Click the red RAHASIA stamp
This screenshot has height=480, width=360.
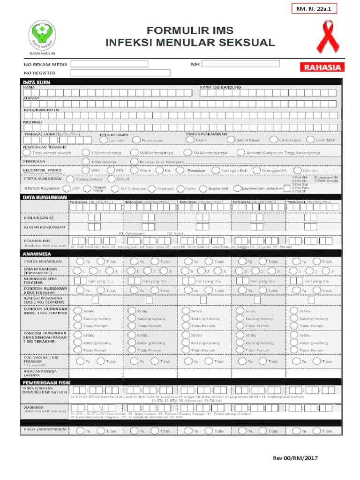pyautogui.click(x=323, y=67)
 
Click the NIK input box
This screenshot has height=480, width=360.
pyautogui.click(x=240, y=64)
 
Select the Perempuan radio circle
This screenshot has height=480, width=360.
pyautogui.click(x=135, y=140)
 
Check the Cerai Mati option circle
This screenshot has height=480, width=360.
pyautogui.click(x=310, y=140)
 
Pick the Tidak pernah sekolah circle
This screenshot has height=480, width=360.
pyautogui.click(x=26, y=152)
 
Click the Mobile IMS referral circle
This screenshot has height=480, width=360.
pyautogui.click(x=202, y=188)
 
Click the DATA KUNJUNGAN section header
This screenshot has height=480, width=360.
pyautogui.click(x=45, y=198)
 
